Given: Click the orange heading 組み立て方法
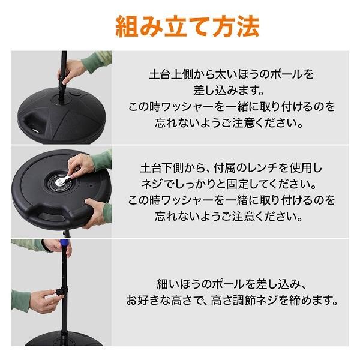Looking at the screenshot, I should click(179, 26).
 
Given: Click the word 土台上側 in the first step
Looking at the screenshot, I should click(169, 75).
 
